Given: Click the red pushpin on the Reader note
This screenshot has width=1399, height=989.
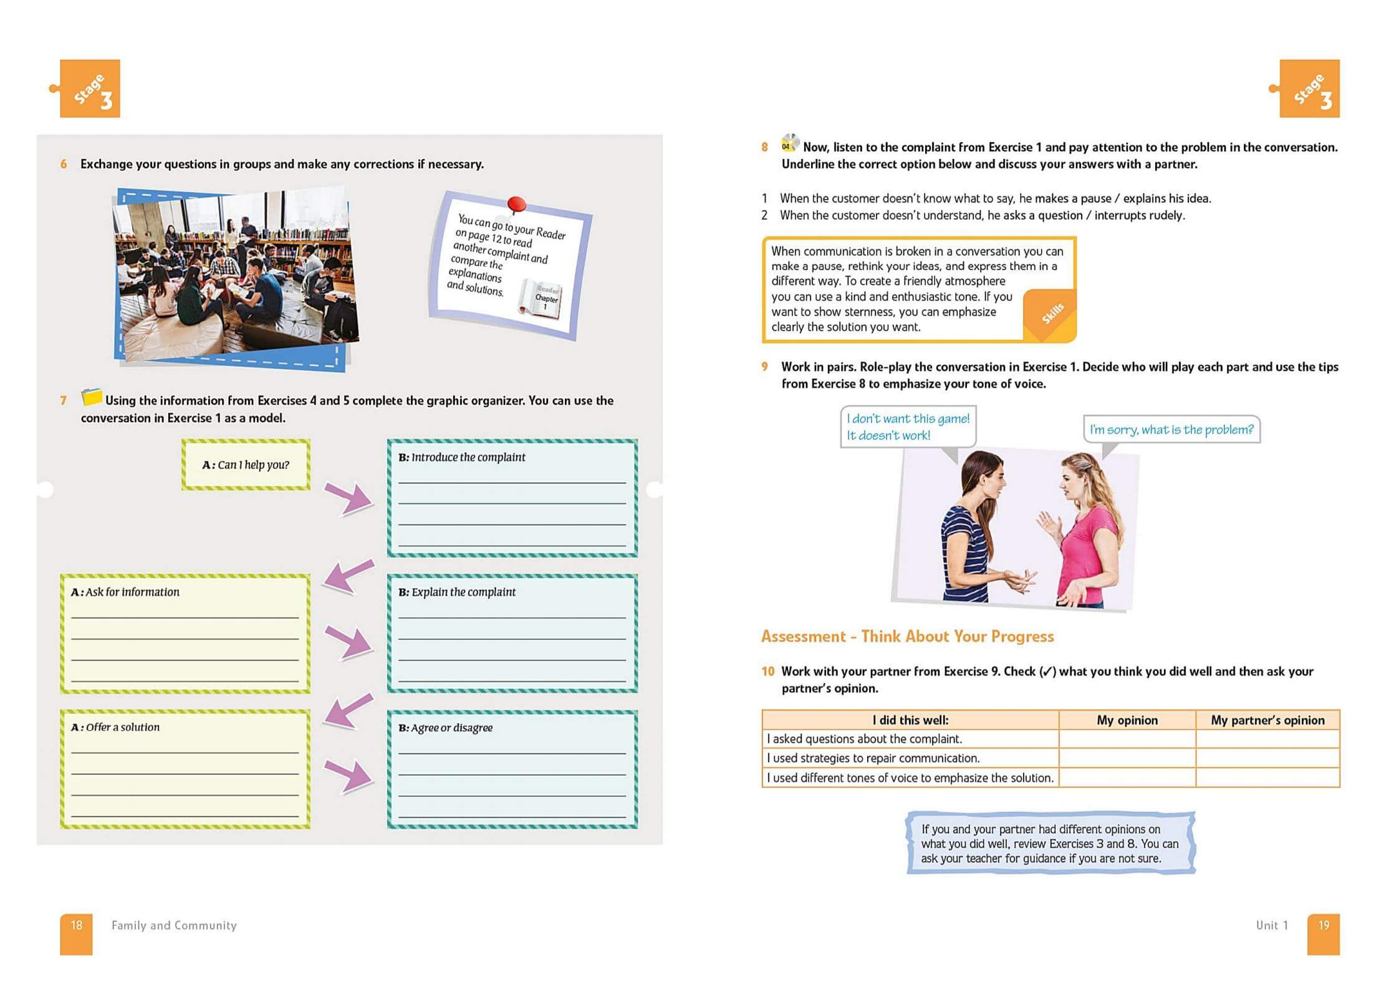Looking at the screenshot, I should pyautogui.click(x=516, y=204).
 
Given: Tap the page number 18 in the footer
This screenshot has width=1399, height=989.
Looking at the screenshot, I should pyautogui.click(x=76, y=925).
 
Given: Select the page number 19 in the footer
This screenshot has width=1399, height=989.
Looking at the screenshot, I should pyautogui.click(x=1323, y=925).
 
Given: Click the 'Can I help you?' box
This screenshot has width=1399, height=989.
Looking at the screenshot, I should pyautogui.click(x=246, y=465).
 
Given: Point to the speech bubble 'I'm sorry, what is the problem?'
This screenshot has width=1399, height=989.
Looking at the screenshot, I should pyautogui.click(x=1171, y=430).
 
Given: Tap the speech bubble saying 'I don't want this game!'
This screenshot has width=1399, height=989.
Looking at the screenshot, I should pyautogui.click(x=908, y=427).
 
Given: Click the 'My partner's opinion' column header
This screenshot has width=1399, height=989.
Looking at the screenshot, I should pyautogui.click(x=1267, y=720).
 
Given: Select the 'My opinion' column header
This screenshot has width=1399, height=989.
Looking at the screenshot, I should pyautogui.click(x=1127, y=720).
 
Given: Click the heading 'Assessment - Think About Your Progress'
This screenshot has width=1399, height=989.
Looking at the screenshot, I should pyautogui.click(x=907, y=636).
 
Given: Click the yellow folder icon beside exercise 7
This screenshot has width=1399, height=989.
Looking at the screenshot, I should pyautogui.click(x=92, y=397).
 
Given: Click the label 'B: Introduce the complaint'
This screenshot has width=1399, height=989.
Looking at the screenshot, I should pyautogui.click(x=461, y=457).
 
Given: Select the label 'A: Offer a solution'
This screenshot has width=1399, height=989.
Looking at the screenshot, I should pyautogui.click(x=115, y=727).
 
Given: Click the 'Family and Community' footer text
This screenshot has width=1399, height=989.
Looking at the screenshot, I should pyautogui.click(x=174, y=925).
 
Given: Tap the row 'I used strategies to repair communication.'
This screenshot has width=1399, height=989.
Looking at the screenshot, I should pyautogui.click(x=873, y=758).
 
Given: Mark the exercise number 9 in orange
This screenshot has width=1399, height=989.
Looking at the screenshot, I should pyautogui.click(x=764, y=367).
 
